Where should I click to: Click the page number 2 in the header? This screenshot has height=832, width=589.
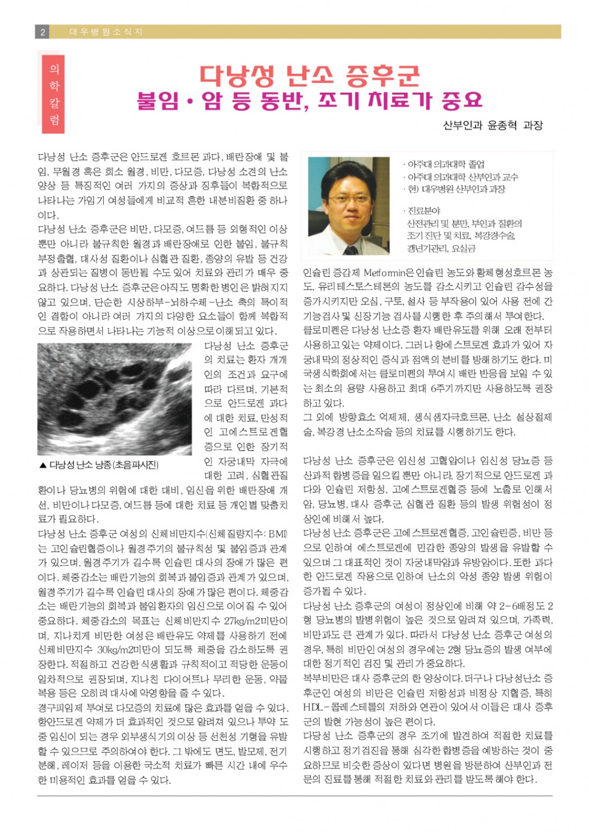(42, 32)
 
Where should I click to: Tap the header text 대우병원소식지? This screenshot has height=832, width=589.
(106, 32)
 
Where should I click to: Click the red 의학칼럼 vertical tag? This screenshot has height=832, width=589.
(54, 94)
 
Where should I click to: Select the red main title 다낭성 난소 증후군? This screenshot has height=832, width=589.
(309, 75)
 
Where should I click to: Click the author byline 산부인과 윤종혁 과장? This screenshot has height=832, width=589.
(493, 125)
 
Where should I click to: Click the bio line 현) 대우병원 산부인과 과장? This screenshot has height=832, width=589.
(455, 189)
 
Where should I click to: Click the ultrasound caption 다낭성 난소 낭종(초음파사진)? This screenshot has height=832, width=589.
(104, 465)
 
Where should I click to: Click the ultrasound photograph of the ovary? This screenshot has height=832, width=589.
(114, 399)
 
